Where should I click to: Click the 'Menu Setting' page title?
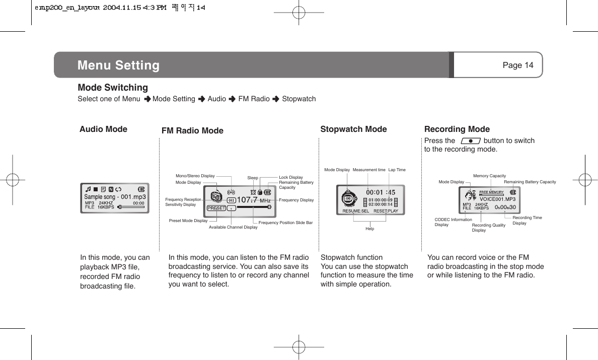(x=118, y=65)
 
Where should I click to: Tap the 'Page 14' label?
(x=518, y=65)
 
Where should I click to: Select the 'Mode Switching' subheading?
(x=113, y=88)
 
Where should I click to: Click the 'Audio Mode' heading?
(x=103, y=129)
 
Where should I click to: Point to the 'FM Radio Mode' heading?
(x=192, y=131)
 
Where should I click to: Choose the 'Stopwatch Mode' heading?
(x=353, y=129)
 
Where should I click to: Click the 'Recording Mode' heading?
(x=457, y=129)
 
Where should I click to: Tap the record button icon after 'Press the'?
(x=470, y=141)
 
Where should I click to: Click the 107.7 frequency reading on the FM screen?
(x=247, y=200)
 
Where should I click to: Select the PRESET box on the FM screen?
(x=216, y=208)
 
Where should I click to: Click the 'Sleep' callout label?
(x=253, y=178)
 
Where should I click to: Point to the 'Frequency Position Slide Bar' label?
(x=285, y=223)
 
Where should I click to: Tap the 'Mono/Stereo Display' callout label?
(x=195, y=176)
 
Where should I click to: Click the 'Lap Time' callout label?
(x=397, y=170)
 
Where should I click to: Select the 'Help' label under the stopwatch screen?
(x=370, y=229)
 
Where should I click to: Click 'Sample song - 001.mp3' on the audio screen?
(x=115, y=197)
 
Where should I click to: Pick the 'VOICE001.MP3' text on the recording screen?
(x=497, y=199)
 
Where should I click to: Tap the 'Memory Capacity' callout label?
(x=489, y=176)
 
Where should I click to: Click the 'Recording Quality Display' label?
(x=488, y=228)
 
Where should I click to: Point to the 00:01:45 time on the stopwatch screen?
(x=380, y=192)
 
